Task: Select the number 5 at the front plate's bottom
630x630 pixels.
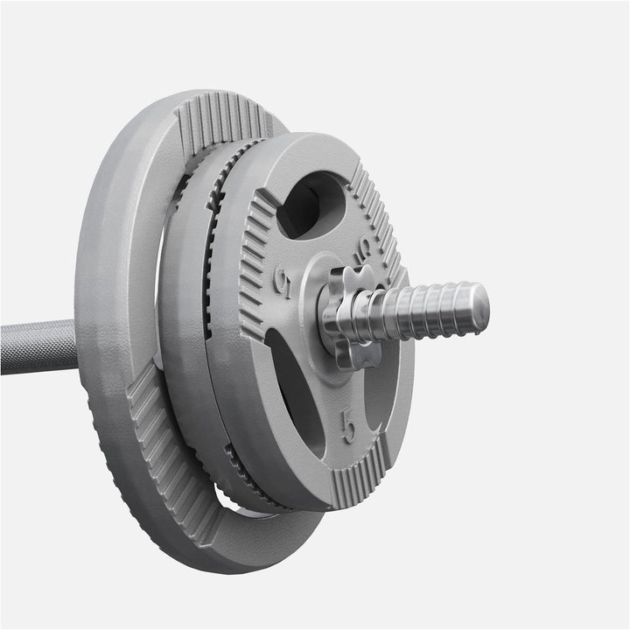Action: coord(348,428)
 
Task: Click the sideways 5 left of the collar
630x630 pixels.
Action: coord(283,281)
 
